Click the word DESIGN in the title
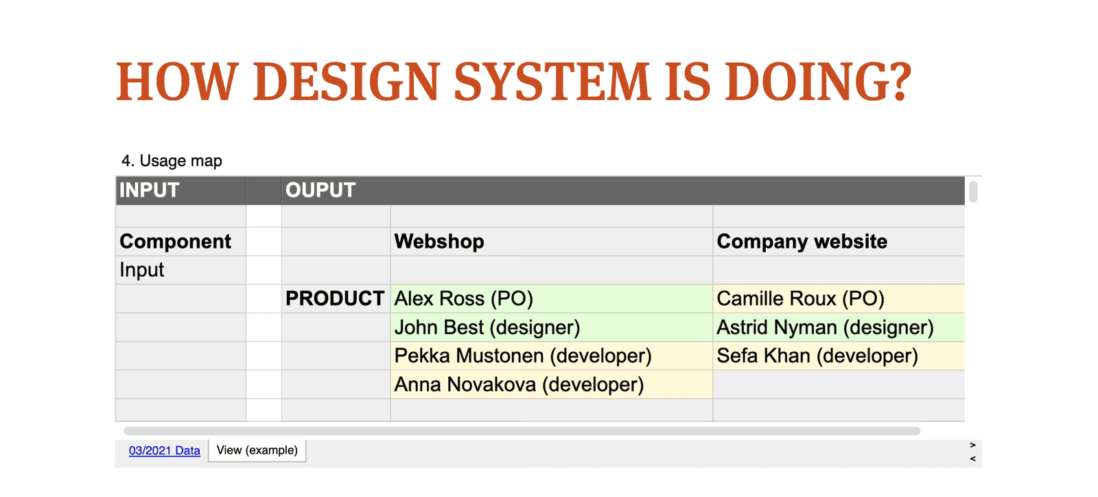point(346,82)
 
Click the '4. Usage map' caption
point(172,161)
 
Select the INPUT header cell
point(181,190)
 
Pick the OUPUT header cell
point(623,190)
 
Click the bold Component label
point(175,242)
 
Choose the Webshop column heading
point(439,242)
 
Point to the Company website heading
point(802,242)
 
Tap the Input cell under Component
point(181,270)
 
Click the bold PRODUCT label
point(335,299)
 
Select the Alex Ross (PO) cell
point(552,299)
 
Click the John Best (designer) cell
point(552,327)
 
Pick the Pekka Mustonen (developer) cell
point(552,356)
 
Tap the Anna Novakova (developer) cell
point(552,384)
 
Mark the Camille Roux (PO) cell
point(839,299)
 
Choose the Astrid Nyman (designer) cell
point(839,327)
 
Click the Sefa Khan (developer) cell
point(839,356)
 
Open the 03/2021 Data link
point(164,450)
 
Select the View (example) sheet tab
point(257,450)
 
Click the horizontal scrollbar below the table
point(522,431)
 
